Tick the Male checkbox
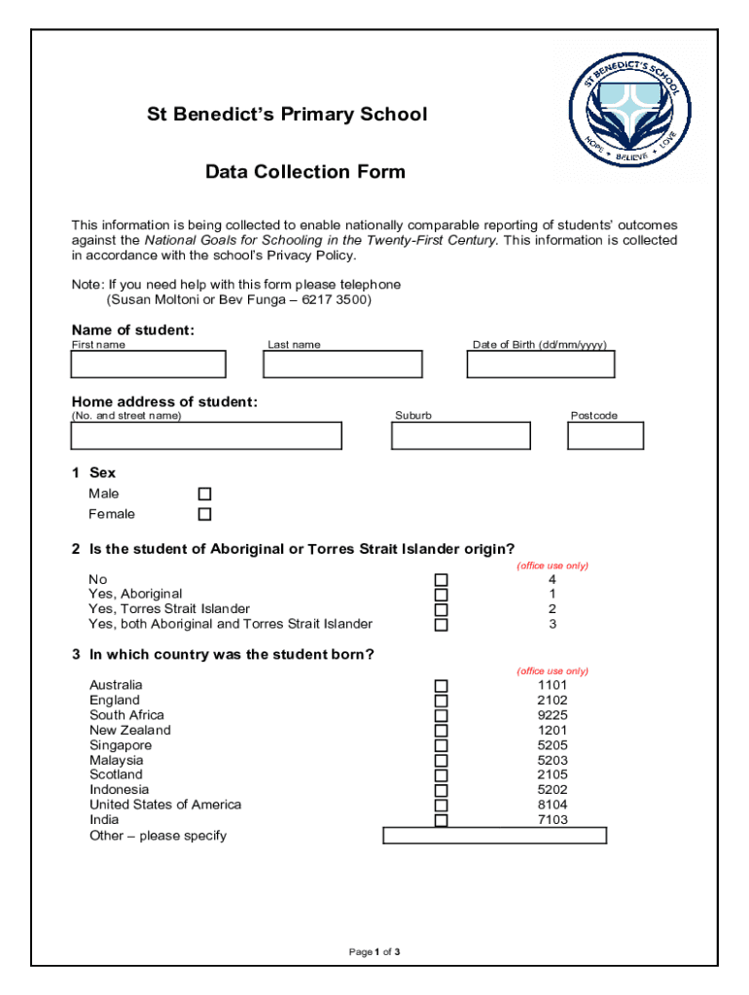click(x=204, y=494)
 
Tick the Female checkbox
click(x=204, y=514)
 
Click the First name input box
click(x=148, y=364)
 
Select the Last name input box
click(x=342, y=364)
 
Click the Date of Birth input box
click(x=541, y=364)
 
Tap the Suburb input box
click(x=460, y=436)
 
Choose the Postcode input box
click(x=605, y=436)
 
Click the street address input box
click(x=206, y=436)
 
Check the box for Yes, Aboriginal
click(x=441, y=595)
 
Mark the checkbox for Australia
click(x=441, y=685)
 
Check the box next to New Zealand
click(x=441, y=731)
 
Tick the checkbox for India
click(x=441, y=820)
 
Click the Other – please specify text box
click(x=494, y=836)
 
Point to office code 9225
click(x=552, y=715)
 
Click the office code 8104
click(x=552, y=805)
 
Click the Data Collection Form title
click(x=305, y=173)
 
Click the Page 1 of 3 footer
click(x=374, y=952)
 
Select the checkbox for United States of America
click(x=441, y=806)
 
